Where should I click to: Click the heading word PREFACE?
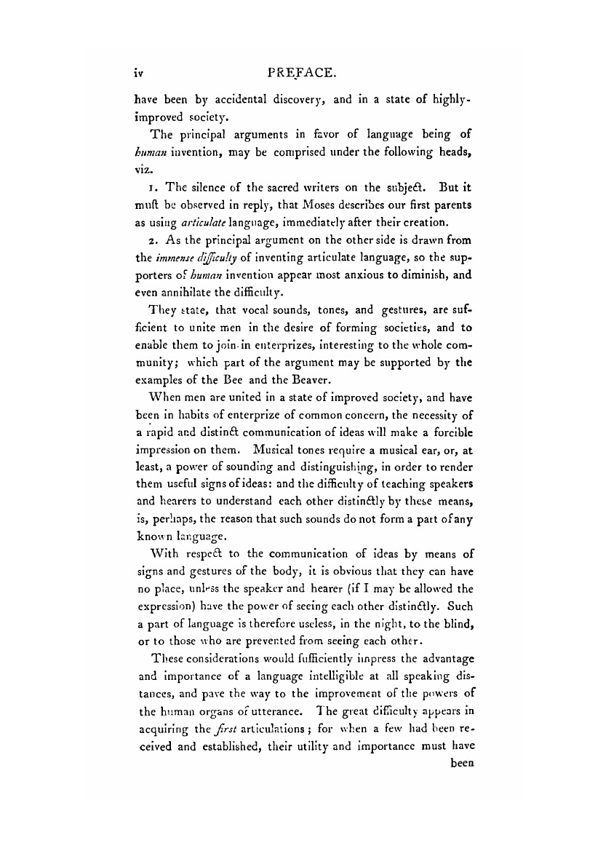point(301,73)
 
